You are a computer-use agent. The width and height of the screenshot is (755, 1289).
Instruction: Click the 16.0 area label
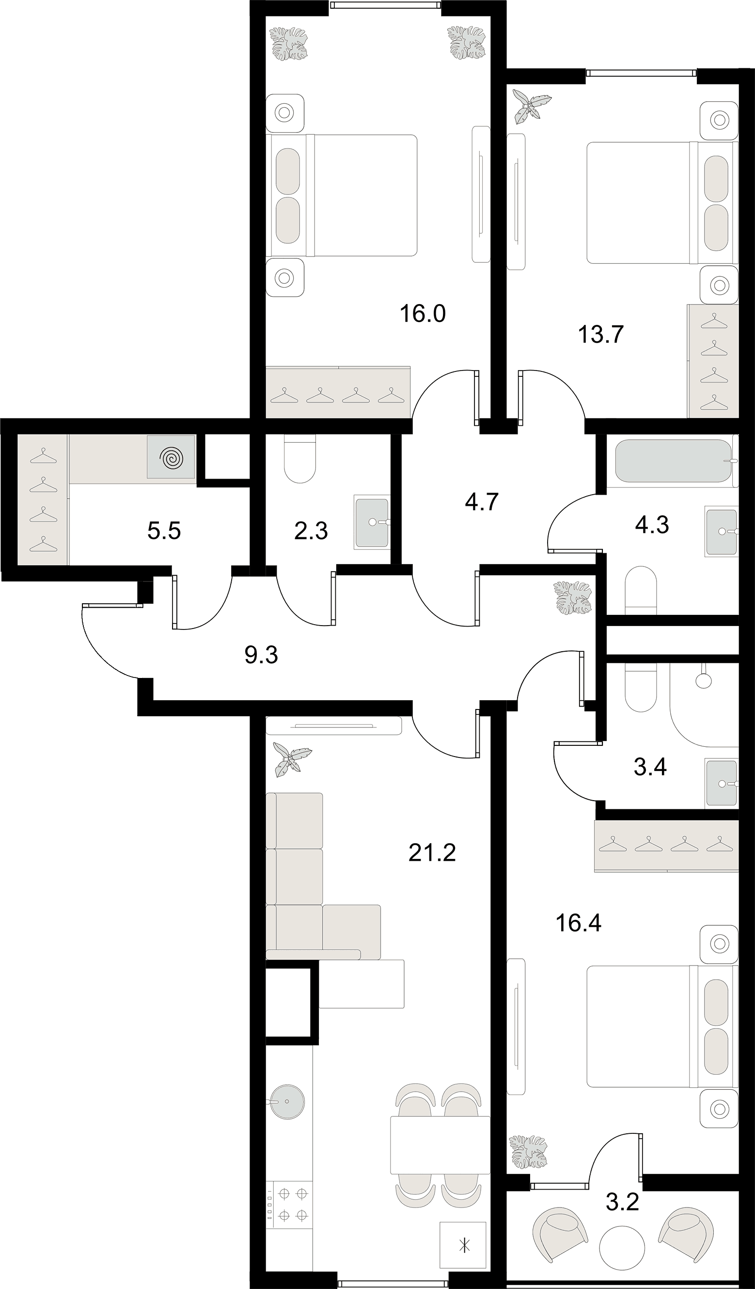tap(423, 314)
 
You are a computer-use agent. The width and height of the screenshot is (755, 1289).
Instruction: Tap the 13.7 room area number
tap(600, 335)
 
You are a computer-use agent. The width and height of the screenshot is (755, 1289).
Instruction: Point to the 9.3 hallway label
tap(261, 655)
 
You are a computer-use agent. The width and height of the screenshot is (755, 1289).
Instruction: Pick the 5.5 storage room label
tap(164, 531)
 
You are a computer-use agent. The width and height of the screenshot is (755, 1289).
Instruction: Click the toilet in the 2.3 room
tap(300, 459)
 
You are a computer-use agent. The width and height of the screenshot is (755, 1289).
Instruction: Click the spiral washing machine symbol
tap(171, 457)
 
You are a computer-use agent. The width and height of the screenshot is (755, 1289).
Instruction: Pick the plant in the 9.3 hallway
tap(572, 597)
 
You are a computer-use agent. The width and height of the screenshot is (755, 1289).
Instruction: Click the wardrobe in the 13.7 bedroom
tap(713, 361)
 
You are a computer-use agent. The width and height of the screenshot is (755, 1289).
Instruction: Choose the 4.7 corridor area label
tap(482, 502)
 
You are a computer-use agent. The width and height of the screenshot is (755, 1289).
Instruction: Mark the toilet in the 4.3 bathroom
tap(641, 590)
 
